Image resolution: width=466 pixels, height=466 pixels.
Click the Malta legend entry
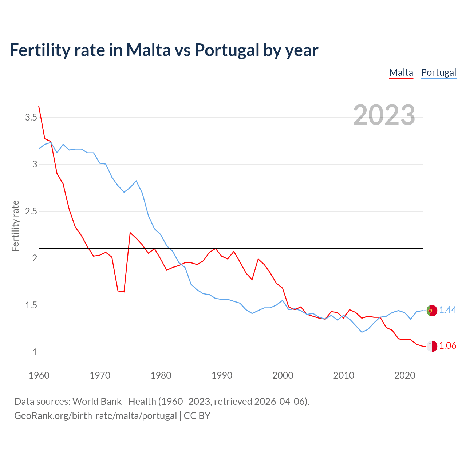click(401, 72)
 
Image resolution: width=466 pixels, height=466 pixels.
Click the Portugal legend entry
click(438, 72)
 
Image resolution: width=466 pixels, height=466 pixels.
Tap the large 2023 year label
click(384, 115)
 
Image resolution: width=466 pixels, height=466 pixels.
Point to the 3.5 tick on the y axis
click(31, 117)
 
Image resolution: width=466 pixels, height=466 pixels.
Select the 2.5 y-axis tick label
click(31, 211)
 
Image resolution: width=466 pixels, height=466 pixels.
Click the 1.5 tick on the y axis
click(31, 305)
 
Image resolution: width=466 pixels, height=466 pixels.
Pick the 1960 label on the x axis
click(39, 375)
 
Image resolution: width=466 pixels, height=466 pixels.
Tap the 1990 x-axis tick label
click(222, 375)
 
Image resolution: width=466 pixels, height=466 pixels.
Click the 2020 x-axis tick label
click(404, 375)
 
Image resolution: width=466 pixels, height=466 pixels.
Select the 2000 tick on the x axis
click(283, 375)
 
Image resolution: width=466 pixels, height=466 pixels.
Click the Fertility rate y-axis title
click(15, 226)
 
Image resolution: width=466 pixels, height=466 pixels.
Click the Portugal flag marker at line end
click(431, 311)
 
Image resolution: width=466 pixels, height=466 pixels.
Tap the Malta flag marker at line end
click(431, 346)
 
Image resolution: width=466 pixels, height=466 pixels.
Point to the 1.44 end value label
click(447, 310)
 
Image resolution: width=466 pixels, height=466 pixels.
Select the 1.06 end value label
click(447, 345)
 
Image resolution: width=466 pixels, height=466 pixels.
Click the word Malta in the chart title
click(148, 50)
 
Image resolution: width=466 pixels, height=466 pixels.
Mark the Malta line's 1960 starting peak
click(39, 106)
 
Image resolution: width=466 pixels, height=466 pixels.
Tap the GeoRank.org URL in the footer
click(95, 415)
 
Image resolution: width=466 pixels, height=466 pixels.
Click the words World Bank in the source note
click(97, 401)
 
